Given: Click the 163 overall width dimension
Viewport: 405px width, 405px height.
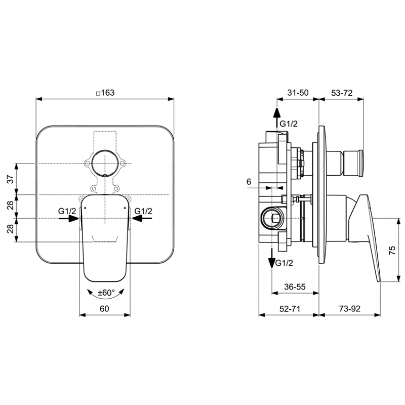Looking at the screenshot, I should [x=106, y=93].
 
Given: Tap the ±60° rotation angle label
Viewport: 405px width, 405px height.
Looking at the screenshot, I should [x=106, y=293].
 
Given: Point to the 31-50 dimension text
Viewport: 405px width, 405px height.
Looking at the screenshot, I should [x=298, y=93].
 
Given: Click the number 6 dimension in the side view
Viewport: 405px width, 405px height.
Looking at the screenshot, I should [x=249, y=181].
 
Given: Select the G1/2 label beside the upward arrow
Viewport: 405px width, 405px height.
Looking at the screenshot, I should [x=290, y=123].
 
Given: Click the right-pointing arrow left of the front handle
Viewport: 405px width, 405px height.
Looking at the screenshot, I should [x=69, y=219].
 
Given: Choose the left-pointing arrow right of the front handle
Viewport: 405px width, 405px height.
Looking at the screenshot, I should [x=142, y=219].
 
